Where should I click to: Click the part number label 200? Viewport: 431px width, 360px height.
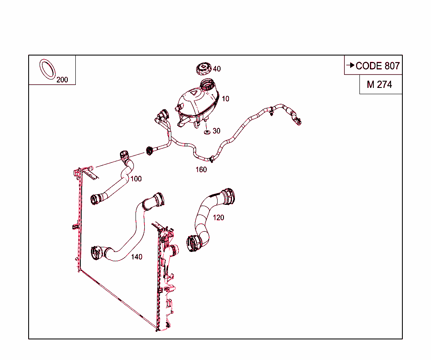coord(62,80)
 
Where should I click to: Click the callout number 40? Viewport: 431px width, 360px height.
coord(216,69)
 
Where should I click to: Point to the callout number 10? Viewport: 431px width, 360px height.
coord(225,99)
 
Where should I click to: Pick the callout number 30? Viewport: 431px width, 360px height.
coord(216,131)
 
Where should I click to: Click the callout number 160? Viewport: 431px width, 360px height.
coord(201,170)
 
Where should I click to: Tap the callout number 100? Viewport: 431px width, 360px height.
coord(136,179)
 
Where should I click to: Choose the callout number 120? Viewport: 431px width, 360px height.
coord(218,217)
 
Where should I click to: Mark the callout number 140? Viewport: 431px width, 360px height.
coord(136,257)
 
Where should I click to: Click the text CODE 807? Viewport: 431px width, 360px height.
coord(378,66)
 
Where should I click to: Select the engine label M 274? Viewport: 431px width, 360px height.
coord(379,85)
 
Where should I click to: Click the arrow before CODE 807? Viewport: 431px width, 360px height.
coord(350,66)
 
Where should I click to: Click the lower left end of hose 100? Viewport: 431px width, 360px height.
coord(96,198)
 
